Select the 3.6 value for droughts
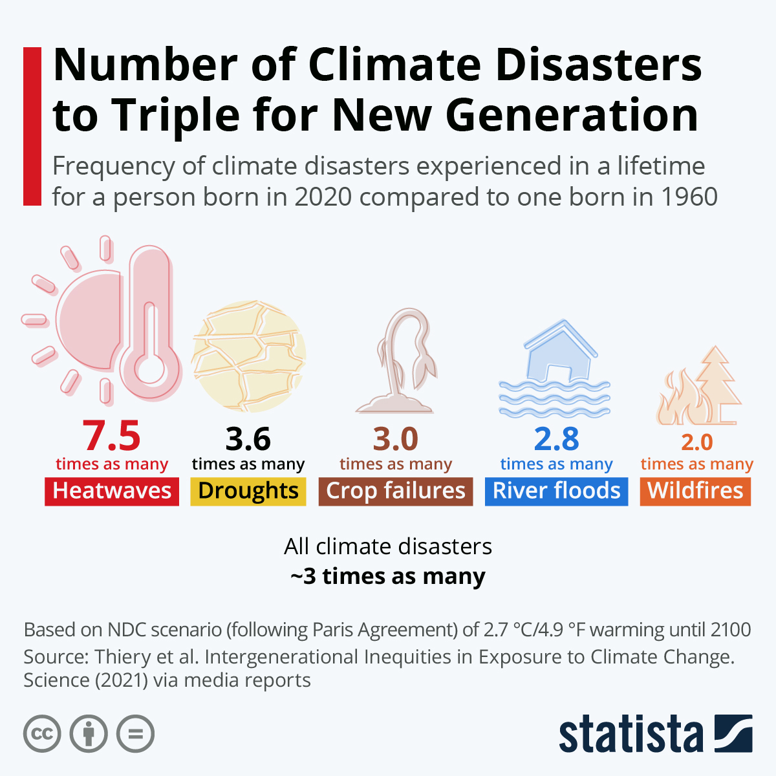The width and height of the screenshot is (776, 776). pos(248,440)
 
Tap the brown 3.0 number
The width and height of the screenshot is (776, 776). pos(395,440)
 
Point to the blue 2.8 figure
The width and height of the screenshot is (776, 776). pos(556,440)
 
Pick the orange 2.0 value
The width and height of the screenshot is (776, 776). pos(696,442)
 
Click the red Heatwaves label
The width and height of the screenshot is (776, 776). pos(112,491)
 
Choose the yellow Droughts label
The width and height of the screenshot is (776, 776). pos(248,491)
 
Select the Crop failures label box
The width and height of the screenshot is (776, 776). pos(396,491)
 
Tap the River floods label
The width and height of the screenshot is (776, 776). pos(556,491)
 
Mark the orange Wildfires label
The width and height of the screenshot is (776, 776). pos(695,491)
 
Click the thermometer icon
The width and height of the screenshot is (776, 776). pos(151,323)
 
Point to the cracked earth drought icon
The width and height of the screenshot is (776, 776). pos(249,356)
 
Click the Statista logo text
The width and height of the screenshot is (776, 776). pos(630,735)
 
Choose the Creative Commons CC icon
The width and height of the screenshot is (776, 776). pos(42,734)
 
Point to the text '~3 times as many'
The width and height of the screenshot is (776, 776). pos(388,576)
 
